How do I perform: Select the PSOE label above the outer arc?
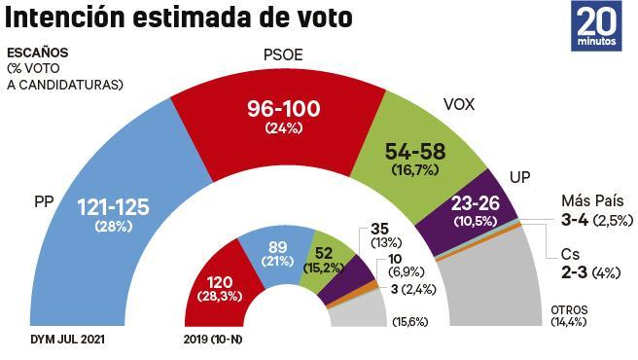283,55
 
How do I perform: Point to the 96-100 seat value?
283,111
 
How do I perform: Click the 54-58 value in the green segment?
414,153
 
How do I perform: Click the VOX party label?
458,104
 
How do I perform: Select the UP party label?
520,178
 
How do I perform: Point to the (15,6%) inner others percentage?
408,322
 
